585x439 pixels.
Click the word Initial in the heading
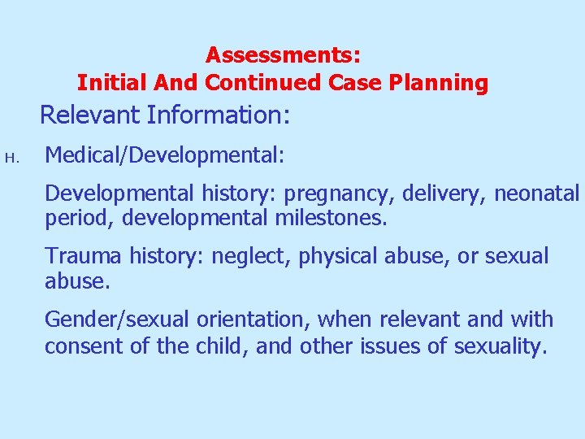coord(107,83)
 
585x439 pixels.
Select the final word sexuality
coord(500,346)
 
